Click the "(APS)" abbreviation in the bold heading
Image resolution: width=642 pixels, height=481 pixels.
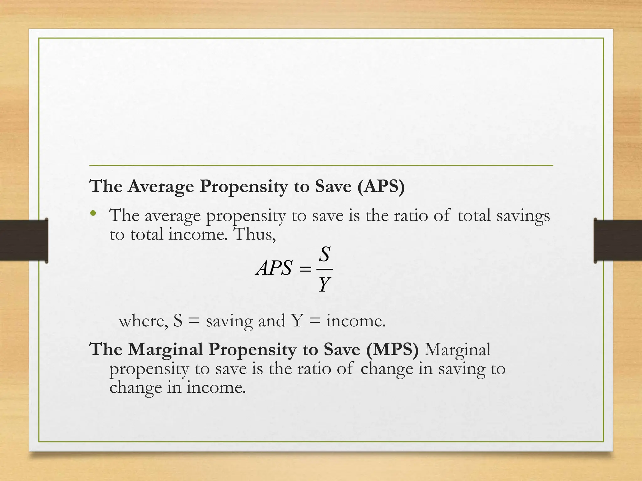(x=381, y=187)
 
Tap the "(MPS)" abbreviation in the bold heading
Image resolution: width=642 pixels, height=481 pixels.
(x=392, y=349)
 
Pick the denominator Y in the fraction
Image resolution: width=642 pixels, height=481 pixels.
(x=324, y=284)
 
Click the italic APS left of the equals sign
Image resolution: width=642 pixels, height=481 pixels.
(x=274, y=268)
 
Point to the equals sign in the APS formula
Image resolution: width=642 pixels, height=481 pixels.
(x=305, y=269)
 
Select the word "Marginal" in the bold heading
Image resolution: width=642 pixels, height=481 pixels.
(x=166, y=349)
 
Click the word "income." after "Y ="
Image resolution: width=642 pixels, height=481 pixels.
(x=356, y=321)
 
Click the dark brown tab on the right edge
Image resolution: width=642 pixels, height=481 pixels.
(x=618, y=240)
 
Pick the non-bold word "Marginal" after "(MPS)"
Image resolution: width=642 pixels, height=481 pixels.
(x=457, y=349)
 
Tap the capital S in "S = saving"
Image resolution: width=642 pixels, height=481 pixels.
(x=178, y=321)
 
